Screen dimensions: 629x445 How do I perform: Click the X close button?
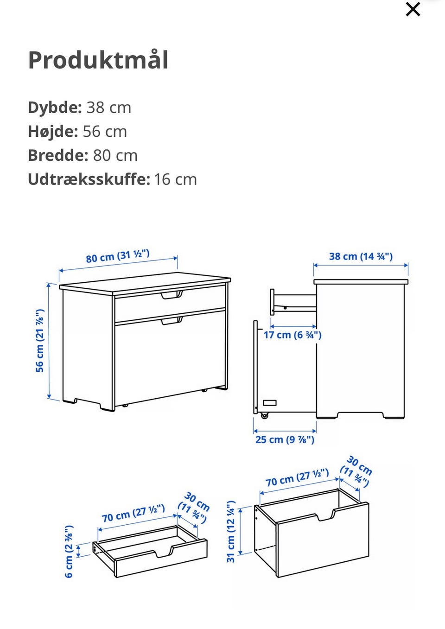point(413,9)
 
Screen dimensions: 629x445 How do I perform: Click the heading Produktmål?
point(98,60)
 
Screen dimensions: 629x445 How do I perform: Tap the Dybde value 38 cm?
point(108,108)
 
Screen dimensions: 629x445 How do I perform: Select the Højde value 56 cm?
point(105,132)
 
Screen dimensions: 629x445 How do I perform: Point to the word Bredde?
point(58,155)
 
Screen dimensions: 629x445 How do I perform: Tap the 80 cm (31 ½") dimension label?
point(118,256)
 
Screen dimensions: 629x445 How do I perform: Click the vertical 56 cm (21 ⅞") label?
point(40,340)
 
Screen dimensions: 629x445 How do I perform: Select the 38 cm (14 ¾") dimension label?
point(361,256)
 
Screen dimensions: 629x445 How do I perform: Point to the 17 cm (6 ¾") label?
point(292,335)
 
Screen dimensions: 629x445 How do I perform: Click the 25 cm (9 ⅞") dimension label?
point(285,439)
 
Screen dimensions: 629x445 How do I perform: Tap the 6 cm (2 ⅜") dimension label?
point(69,552)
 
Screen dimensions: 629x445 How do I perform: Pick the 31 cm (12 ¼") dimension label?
point(231,532)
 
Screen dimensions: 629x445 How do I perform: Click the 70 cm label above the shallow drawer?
point(133,514)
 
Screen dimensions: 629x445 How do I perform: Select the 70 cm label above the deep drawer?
point(297,478)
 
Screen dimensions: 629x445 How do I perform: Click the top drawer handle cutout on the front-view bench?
point(172,295)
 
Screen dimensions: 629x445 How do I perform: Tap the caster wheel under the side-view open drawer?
point(264,415)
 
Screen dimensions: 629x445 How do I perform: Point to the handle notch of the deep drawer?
point(325,515)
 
